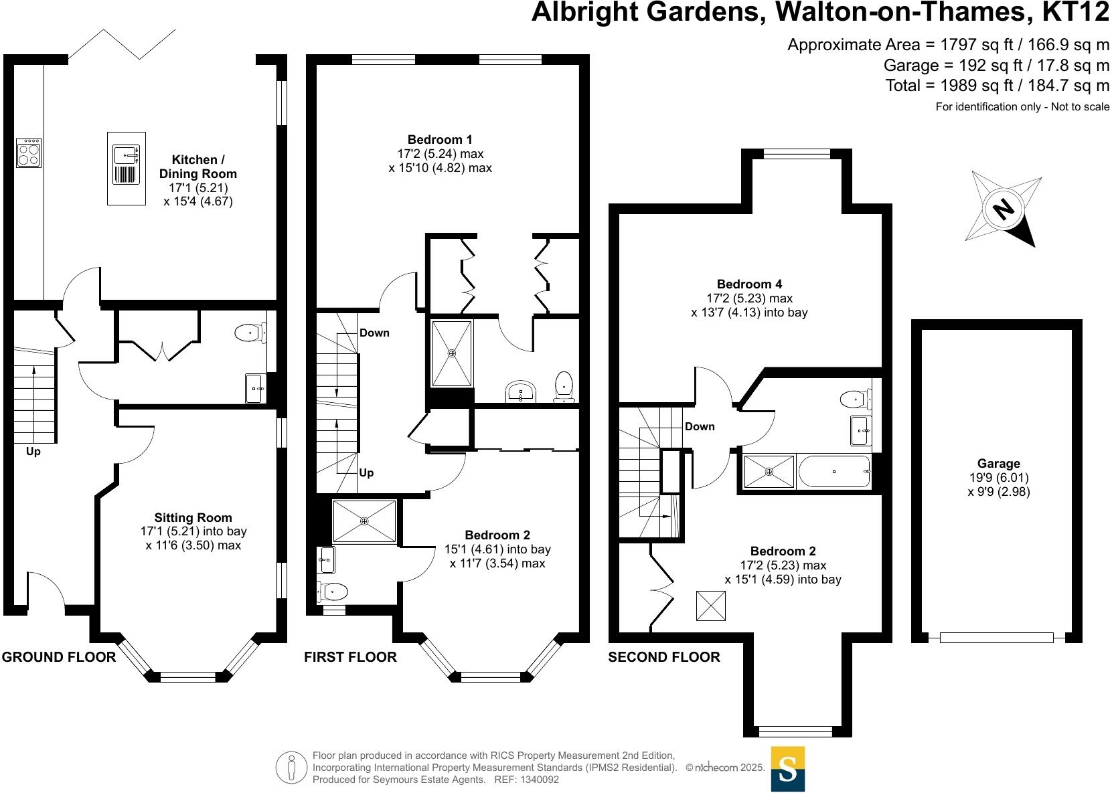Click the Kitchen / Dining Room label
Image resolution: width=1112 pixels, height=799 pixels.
click(197, 167)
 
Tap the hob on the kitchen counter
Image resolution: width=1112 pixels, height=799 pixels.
click(29, 153)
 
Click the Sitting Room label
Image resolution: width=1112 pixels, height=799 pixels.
click(193, 517)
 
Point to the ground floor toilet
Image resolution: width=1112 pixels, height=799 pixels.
click(250, 331)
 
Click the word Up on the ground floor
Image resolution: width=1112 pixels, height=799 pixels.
click(33, 452)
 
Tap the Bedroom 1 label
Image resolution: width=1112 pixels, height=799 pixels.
click(440, 139)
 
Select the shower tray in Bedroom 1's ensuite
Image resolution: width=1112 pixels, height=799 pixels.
click(452, 353)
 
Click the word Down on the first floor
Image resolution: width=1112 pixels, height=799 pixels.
click(374, 333)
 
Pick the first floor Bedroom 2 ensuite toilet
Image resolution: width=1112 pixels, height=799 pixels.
click(333, 592)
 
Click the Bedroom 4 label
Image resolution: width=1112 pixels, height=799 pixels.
click(749, 284)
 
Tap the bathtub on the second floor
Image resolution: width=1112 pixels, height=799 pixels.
click(834, 472)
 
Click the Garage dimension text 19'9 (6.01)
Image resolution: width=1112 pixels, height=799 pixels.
click(998, 478)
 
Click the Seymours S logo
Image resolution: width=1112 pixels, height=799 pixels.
click(788, 770)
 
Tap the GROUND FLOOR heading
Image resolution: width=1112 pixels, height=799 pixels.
click(59, 657)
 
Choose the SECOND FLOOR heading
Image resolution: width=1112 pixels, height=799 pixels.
click(664, 657)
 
